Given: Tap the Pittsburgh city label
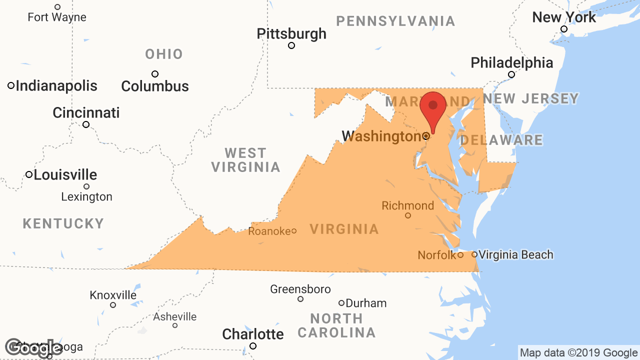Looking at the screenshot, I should tap(291, 33).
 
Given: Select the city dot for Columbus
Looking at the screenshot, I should tap(155, 74).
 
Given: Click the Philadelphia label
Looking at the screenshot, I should tap(512, 62).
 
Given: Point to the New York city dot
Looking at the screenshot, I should tap(564, 29).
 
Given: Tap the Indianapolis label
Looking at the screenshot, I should tap(56, 85).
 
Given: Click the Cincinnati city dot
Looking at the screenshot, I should tap(86, 124).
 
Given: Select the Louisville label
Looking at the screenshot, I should tap(65, 175).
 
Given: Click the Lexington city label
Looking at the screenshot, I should tap(86, 197).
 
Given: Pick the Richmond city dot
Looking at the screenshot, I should tap(408, 215).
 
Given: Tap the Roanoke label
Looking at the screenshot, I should tap(269, 231).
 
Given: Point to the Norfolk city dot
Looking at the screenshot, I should tap(460, 255).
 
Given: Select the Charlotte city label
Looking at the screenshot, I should tap(253, 333).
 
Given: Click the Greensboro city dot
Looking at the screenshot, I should tap(300, 299).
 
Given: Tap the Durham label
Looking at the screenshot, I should tap(366, 303).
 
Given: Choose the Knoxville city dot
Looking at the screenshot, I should tap(113, 305).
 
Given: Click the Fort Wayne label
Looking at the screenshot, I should tap(57, 17).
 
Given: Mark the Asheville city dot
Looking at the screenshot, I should tap(175, 325).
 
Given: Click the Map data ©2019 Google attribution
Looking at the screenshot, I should tap(578, 353).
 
